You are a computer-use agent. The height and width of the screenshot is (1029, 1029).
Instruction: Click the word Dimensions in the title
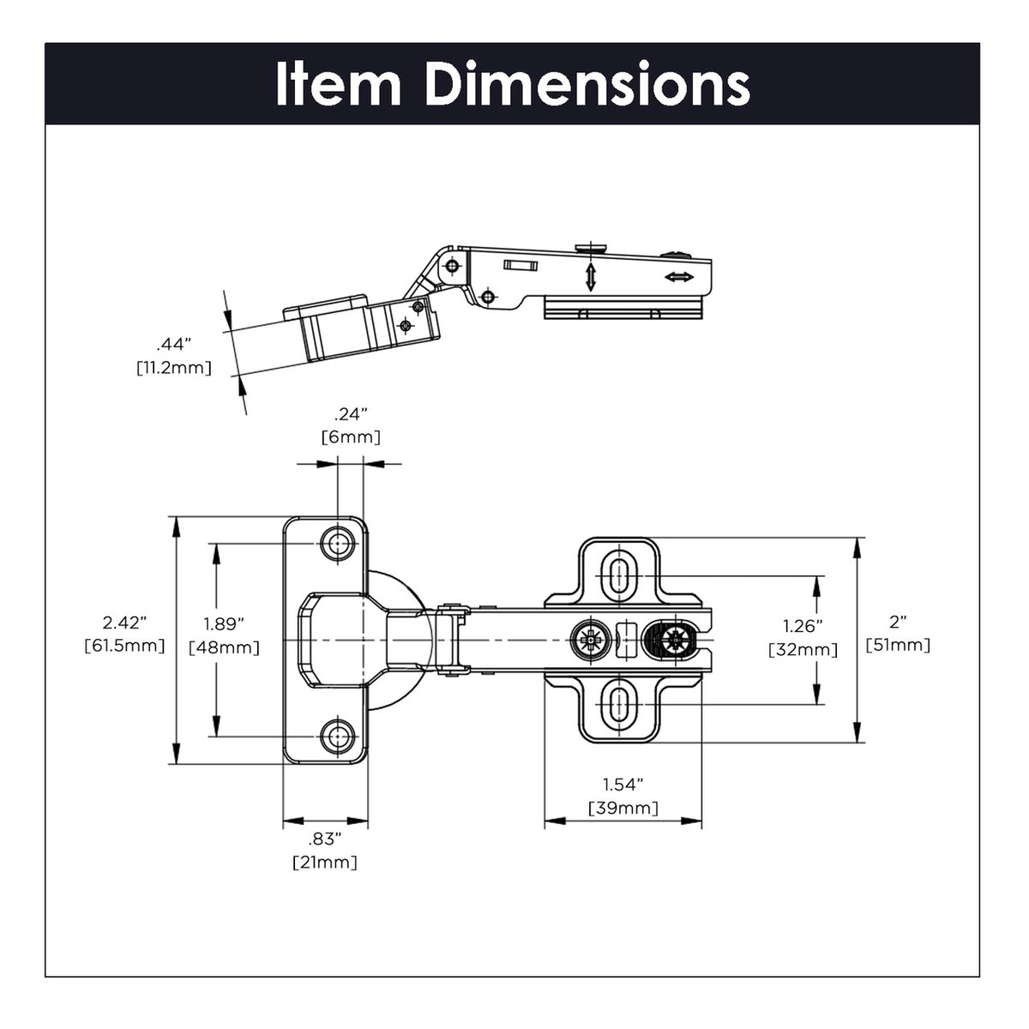(x=587, y=84)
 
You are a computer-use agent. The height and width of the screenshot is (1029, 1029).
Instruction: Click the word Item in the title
(x=338, y=84)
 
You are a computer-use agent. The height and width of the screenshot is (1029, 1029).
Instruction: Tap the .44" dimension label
(x=173, y=345)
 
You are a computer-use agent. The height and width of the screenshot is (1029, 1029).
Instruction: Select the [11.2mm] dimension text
(x=173, y=368)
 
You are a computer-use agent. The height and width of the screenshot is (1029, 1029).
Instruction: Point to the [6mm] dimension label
(x=351, y=437)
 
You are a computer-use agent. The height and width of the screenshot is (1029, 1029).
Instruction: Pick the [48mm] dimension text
(x=224, y=647)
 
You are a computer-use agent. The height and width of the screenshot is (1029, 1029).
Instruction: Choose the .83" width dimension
(x=325, y=839)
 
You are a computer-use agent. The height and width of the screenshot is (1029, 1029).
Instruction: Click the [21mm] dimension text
(x=325, y=862)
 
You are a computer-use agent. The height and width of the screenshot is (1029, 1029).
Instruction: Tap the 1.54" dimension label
(x=623, y=785)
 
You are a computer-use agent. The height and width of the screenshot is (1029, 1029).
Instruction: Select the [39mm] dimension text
(x=623, y=808)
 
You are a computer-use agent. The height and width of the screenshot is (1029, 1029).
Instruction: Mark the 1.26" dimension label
(x=803, y=627)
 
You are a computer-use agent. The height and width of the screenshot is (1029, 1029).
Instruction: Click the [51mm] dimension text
(x=898, y=645)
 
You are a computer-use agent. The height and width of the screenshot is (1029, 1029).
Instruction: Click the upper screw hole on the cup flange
(x=338, y=543)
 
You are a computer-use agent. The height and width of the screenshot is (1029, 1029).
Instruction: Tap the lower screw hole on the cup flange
(x=338, y=735)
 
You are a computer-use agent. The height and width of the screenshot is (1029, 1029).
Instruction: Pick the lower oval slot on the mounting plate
(x=618, y=707)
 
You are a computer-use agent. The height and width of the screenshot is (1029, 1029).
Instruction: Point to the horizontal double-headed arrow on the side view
(x=679, y=277)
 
